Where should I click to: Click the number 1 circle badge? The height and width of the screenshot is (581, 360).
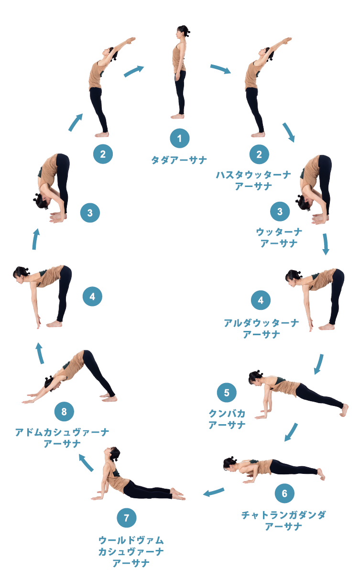click(x=179, y=138)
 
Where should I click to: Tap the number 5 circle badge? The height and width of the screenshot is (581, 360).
click(x=227, y=393)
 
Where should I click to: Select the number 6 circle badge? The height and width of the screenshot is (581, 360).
click(x=284, y=493)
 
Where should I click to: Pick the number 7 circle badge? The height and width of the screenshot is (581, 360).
click(x=127, y=518)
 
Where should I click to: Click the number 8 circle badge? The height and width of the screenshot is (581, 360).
click(x=64, y=411)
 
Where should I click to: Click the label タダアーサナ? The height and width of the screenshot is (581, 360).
click(x=179, y=160)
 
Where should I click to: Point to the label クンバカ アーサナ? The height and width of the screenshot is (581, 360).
click(x=227, y=419)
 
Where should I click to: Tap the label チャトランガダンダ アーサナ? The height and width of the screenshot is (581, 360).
click(x=284, y=520)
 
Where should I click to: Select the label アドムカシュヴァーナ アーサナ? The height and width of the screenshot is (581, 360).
click(x=62, y=438)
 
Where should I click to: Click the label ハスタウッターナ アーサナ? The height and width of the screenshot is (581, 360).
click(x=253, y=180)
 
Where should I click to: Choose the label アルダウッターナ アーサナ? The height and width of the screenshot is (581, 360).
click(x=262, y=329)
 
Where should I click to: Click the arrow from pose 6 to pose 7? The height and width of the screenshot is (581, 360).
click(x=214, y=492)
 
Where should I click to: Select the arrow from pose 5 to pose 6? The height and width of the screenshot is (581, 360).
click(x=291, y=432)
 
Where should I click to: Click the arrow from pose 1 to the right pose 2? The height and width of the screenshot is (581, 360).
click(x=220, y=69)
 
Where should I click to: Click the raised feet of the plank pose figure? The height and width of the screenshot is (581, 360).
click(x=345, y=410)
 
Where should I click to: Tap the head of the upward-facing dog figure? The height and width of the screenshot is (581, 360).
click(x=112, y=454)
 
